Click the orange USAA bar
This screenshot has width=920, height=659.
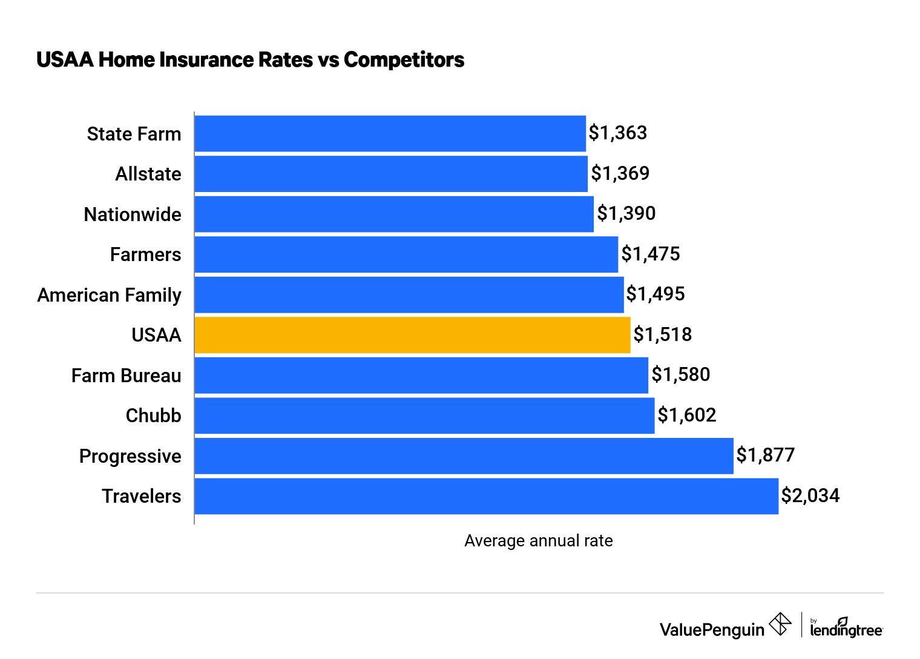tap(412, 335)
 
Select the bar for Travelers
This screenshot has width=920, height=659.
tap(486, 496)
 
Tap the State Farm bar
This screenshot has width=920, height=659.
tap(390, 133)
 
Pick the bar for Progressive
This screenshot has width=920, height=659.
tap(464, 456)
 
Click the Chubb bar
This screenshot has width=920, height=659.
tap(424, 416)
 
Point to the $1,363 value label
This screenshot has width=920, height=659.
tap(618, 133)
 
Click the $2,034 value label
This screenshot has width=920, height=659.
tap(810, 495)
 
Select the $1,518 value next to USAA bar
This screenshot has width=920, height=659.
tap(662, 334)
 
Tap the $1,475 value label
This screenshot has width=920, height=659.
tap(651, 254)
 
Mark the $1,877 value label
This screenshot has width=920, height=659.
tap(765, 455)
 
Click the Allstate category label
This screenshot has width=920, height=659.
tap(148, 174)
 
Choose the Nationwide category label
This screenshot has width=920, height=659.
tap(133, 214)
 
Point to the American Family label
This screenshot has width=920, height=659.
tap(109, 295)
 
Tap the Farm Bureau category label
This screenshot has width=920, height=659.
tap(126, 376)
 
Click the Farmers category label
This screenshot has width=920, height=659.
tap(145, 254)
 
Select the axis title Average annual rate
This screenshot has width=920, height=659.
tap(538, 541)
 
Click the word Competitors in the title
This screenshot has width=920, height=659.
tap(404, 59)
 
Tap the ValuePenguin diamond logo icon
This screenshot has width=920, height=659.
tap(780, 624)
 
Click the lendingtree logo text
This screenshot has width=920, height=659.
tap(846, 630)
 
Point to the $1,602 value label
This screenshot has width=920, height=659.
tap(687, 415)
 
